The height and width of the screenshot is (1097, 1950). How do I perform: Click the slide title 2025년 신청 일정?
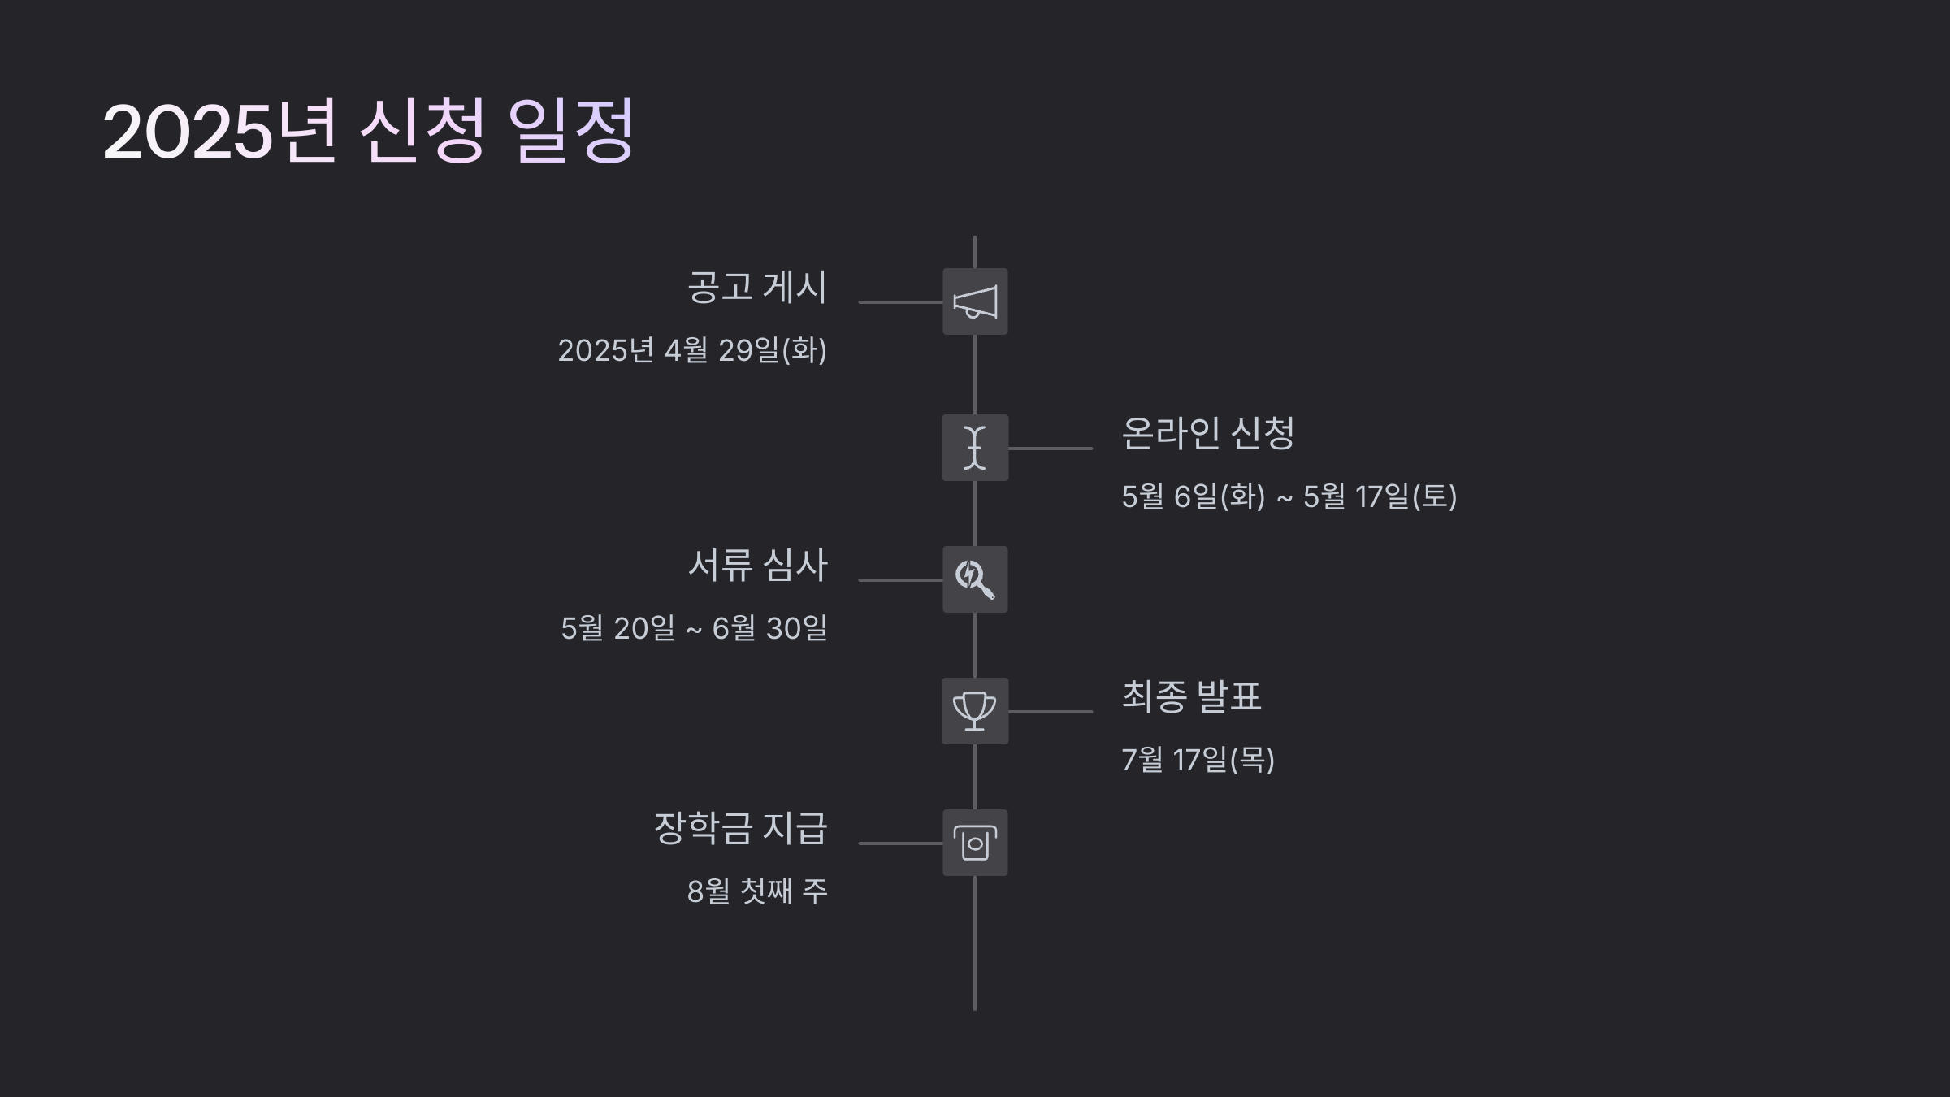pyautogui.click(x=368, y=131)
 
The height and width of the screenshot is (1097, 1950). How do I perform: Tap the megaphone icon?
pyautogui.click(x=975, y=301)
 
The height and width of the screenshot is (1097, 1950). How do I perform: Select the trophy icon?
pyautogui.click(x=975, y=711)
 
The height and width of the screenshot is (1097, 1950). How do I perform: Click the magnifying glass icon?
pyautogui.click(x=975, y=579)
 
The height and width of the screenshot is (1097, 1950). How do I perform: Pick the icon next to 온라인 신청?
pyautogui.click(x=975, y=448)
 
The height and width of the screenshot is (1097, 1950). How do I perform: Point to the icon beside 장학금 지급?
pyautogui.click(x=975, y=843)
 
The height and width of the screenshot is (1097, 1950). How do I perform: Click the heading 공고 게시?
pyautogui.click(x=756, y=287)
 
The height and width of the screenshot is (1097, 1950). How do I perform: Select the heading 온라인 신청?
pyautogui.click(x=1207, y=433)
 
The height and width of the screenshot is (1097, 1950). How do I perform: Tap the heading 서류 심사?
pyautogui.click(x=757, y=565)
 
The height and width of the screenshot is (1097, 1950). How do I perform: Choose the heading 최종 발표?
pyautogui.click(x=1191, y=696)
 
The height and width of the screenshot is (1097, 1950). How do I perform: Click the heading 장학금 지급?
pyautogui.click(x=740, y=828)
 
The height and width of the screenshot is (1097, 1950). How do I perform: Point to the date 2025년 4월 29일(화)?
pyautogui.click(x=692, y=350)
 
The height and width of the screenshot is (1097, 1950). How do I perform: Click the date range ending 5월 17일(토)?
pyautogui.click(x=1289, y=496)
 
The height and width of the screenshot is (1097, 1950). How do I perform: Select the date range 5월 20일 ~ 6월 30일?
pyautogui.click(x=694, y=628)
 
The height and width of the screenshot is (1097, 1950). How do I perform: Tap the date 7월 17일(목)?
pyautogui.click(x=1198, y=760)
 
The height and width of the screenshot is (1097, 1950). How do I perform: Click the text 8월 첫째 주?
pyautogui.click(x=757, y=891)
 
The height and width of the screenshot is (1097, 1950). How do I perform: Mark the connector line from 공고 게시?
pyautogui.click(x=900, y=302)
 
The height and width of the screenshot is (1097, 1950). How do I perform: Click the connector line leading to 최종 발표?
pyautogui.click(x=1050, y=712)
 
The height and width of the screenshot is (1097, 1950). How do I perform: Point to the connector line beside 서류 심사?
pyautogui.click(x=900, y=580)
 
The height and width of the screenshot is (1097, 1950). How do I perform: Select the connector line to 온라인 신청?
pyautogui.click(x=1050, y=449)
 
